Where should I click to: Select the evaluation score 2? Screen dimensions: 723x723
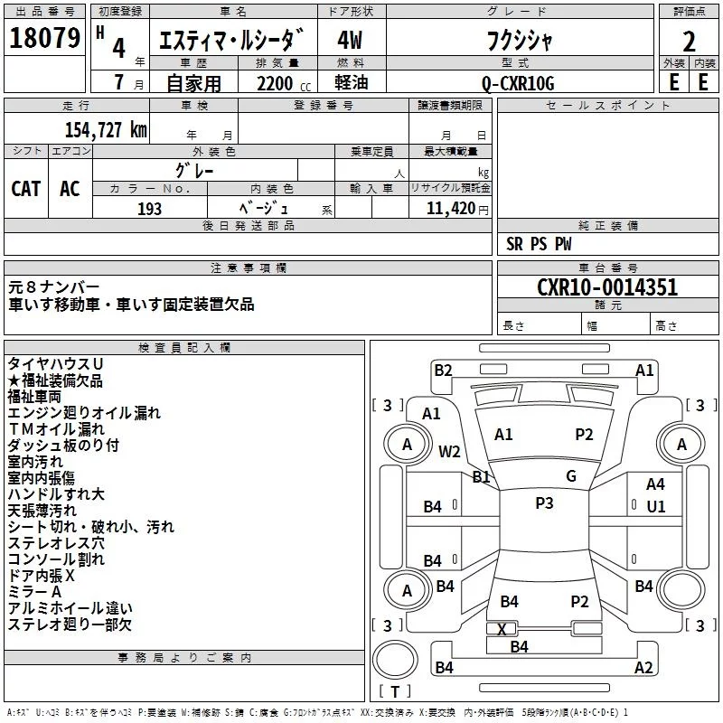[689, 42]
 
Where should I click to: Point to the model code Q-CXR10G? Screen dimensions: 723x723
[517, 82]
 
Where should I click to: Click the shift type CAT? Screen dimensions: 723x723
[26, 188]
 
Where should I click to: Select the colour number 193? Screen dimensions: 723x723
[150, 209]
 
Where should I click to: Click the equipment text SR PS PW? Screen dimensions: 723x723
[540, 244]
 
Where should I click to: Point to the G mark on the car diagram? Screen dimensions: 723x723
[571, 476]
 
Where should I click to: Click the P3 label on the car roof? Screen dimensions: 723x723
[544, 503]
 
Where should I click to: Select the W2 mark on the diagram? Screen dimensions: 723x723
[450, 451]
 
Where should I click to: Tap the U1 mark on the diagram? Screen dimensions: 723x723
[656, 507]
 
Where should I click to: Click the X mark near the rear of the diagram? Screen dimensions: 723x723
[502, 628]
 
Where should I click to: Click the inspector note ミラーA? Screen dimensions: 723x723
[35, 591]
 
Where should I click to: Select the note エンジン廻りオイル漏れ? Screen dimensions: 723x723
[84, 413]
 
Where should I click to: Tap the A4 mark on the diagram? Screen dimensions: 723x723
[656, 484]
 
